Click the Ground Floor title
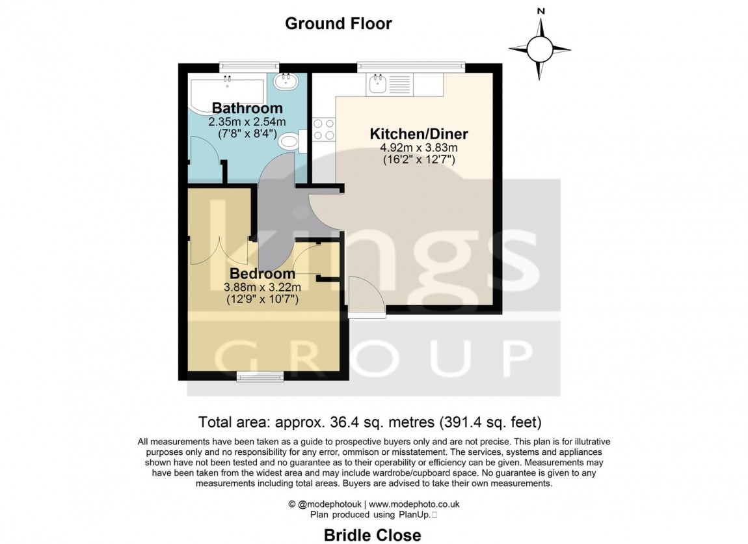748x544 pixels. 338,24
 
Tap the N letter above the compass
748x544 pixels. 539,11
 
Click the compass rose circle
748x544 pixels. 539,48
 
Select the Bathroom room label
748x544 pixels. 247,108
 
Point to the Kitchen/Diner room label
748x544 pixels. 419,135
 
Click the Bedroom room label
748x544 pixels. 262,274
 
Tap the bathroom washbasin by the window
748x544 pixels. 284,82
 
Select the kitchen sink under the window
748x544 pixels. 388,85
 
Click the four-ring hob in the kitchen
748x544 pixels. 324,129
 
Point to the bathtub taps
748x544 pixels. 227,80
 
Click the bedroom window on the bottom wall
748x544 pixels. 260,375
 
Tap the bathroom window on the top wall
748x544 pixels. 249,66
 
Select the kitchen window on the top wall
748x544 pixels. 411,66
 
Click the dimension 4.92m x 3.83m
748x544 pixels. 419,148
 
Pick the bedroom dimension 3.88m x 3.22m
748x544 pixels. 262,287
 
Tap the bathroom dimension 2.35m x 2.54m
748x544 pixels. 247,122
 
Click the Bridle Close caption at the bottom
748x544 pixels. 373,535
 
